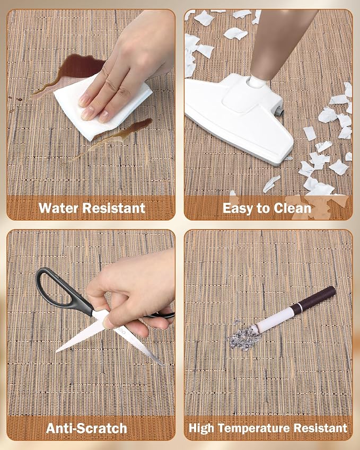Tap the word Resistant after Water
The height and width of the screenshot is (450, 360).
(x=114, y=208)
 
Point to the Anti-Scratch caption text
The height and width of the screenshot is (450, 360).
(x=86, y=428)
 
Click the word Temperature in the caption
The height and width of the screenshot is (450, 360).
(x=254, y=428)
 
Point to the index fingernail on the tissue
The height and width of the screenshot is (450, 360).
(x=87, y=113)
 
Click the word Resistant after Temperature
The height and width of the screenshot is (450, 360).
(x=320, y=428)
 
